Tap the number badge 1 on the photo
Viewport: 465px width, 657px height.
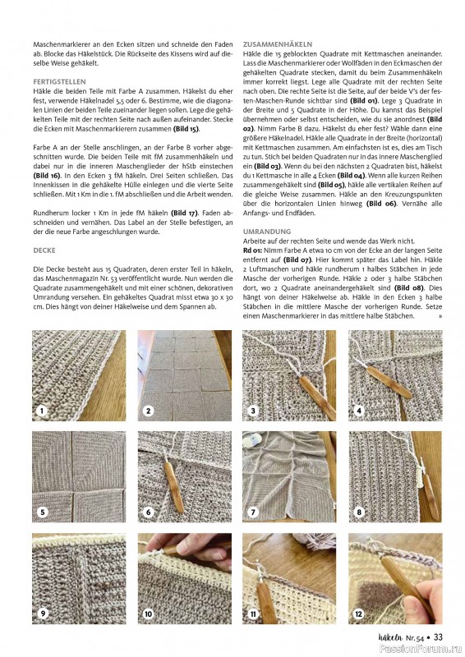pyautogui.click(x=41, y=410)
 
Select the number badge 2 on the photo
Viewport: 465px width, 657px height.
pyautogui.click(x=148, y=410)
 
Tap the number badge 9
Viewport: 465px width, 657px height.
pyautogui.click(x=43, y=613)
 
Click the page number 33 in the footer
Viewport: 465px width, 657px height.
pyautogui.click(x=438, y=636)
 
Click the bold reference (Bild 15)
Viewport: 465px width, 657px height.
pyautogui.click(x=182, y=129)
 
